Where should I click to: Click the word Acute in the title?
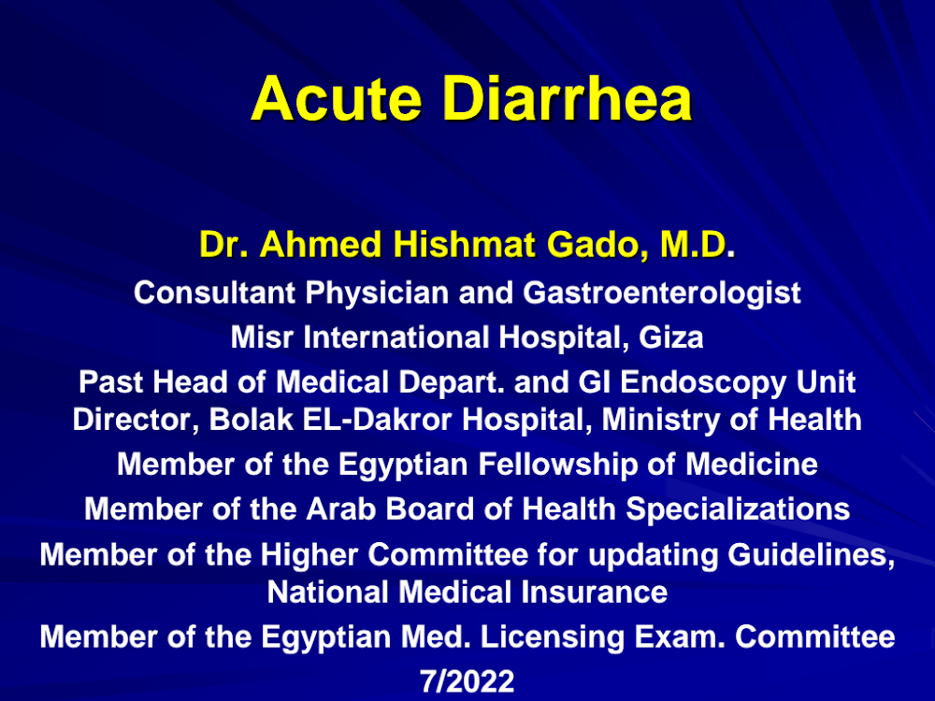[x=337, y=98]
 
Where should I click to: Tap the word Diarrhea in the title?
[x=568, y=98]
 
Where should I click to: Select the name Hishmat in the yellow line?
[x=464, y=244]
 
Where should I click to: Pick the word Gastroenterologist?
[x=662, y=293]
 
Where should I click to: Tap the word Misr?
[x=262, y=337]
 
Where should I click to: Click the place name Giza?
[x=671, y=337]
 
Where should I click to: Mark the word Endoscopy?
[x=703, y=382]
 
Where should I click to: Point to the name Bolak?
[x=251, y=420]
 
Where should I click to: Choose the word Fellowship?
[x=558, y=465]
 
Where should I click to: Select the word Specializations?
[x=738, y=510]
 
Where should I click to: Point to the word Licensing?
[x=553, y=637]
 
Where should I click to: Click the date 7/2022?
[x=467, y=680]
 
